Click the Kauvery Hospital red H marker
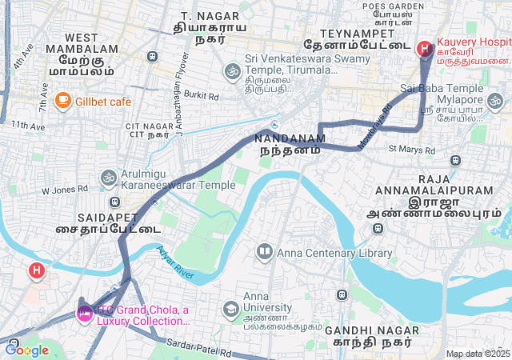pos(424,49)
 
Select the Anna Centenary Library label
pos(334,253)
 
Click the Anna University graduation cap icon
pos(230,308)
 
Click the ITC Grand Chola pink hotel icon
pos(83,311)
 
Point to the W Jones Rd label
pos(64,190)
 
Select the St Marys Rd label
pos(411,149)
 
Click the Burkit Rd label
pos(202,94)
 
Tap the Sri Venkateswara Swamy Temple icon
pos(232,70)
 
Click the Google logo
pos(26,350)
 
